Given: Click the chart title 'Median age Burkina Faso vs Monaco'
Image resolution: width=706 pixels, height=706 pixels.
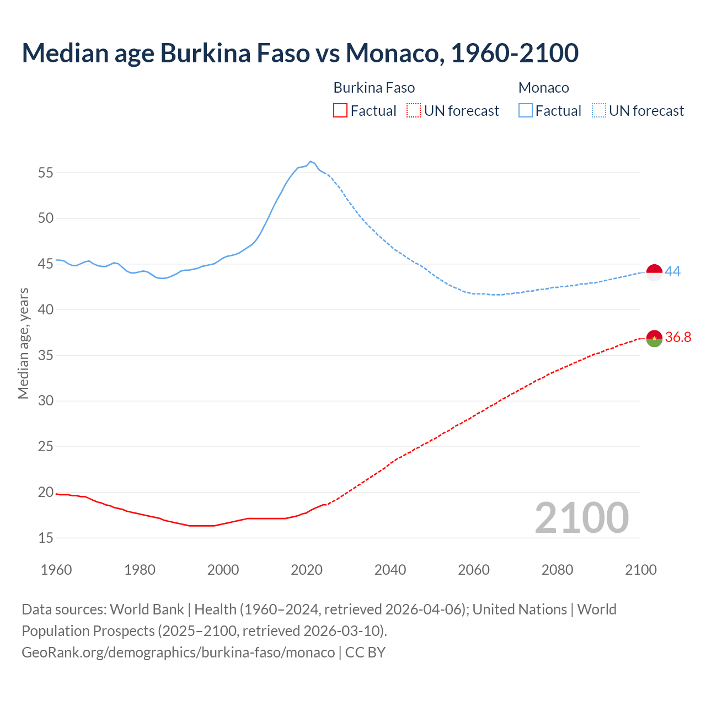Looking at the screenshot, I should tap(300, 53).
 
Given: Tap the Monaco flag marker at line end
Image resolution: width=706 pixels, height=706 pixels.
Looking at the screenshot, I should tap(654, 272).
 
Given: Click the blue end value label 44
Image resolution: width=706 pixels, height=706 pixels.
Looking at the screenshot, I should tap(672, 271).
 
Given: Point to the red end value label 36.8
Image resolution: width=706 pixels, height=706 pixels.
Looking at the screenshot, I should tap(678, 337).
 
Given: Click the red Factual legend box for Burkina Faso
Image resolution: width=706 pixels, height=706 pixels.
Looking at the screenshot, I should tap(340, 111).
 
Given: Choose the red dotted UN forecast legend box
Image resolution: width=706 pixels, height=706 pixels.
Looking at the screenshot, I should tap(414, 111).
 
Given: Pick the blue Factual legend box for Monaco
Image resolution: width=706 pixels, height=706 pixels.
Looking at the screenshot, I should tap(525, 111).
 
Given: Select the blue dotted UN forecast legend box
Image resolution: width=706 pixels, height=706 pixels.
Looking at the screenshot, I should tap(598, 111).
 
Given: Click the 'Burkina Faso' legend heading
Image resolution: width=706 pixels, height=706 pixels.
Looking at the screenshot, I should tap(374, 88).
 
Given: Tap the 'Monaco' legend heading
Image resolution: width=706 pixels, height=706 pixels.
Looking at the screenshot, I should tap(543, 88).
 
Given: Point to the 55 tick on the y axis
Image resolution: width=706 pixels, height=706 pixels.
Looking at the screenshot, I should tap(46, 173).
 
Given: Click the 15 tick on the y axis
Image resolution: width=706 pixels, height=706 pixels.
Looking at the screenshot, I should tap(46, 538).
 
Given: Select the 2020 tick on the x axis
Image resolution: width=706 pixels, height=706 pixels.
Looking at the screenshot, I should tap(307, 569).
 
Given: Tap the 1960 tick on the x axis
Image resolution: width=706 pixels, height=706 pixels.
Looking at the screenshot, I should tap(56, 569).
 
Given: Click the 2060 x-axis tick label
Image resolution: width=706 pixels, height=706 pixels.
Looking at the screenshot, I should tap(474, 569).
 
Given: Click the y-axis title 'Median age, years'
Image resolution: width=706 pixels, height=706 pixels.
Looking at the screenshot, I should tap(23, 343).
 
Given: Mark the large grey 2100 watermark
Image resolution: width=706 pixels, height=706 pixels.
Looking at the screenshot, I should tap(581, 518).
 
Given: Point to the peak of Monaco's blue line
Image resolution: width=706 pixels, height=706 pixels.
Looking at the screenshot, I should tap(311, 162).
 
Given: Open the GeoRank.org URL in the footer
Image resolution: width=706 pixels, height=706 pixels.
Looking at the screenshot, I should tap(178, 652).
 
